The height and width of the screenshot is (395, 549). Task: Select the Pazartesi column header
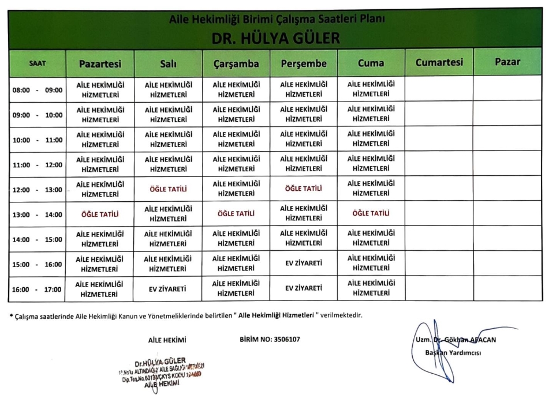100,63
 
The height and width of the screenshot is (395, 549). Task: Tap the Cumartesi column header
439,62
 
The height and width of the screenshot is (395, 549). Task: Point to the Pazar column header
507,62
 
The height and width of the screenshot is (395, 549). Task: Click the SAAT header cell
38,63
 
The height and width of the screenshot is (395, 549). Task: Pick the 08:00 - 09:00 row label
38,90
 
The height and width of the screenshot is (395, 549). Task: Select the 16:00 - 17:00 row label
38,289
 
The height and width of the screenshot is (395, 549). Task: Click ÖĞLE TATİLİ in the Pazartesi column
100,214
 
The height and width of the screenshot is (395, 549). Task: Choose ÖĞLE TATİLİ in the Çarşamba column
236,214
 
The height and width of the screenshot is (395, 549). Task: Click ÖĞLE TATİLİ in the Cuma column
371,213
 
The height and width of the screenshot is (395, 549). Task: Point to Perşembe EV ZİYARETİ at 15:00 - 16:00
303,264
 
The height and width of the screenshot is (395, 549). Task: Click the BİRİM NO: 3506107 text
269,339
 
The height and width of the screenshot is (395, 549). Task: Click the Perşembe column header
303,63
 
